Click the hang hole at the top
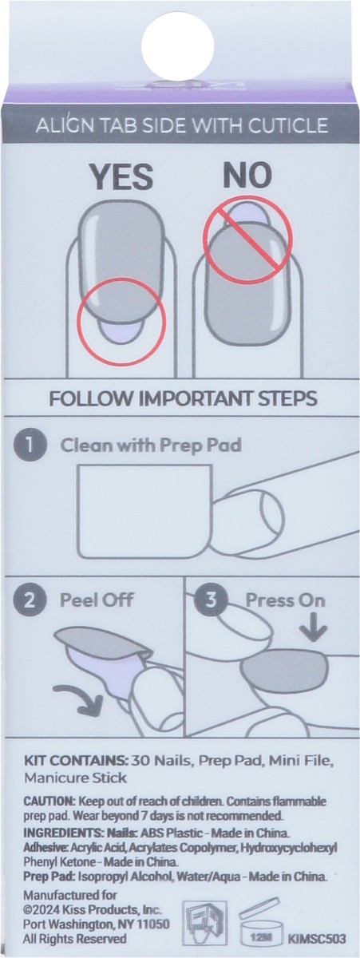(x=179, y=44)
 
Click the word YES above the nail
(x=121, y=177)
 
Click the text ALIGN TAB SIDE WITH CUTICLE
(x=180, y=125)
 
